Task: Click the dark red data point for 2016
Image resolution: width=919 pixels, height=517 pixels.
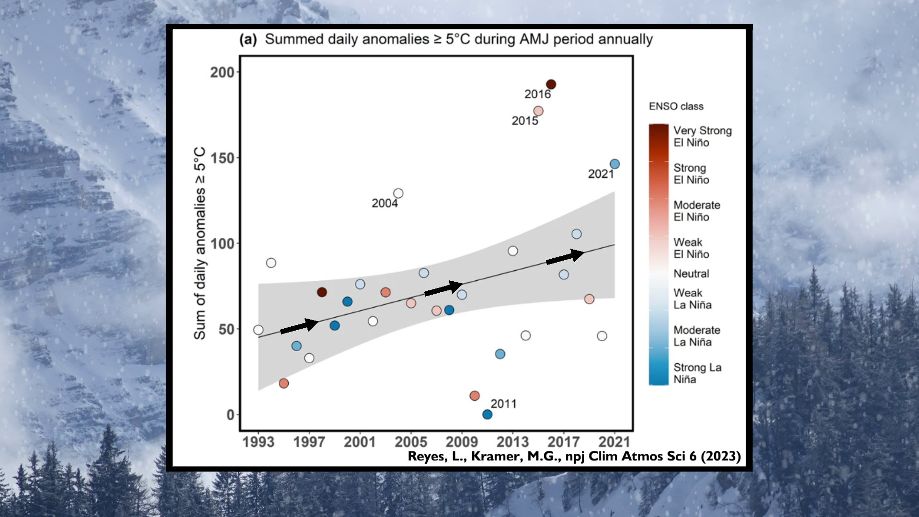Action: pyautogui.click(x=551, y=84)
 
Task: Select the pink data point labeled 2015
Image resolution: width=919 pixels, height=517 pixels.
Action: pyautogui.click(x=538, y=111)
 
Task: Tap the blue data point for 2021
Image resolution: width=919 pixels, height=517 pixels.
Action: pyautogui.click(x=614, y=164)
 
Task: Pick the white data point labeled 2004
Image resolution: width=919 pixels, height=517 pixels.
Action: pyautogui.click(x=398, y=194)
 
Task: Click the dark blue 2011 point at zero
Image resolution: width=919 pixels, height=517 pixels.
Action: pyautogui.click(x=487, y=414)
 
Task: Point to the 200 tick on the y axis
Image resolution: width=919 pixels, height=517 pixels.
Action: pyautogui.click(x=222, y=72)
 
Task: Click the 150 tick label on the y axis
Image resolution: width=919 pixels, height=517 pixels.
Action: pyautogui.click(x=222, y=158)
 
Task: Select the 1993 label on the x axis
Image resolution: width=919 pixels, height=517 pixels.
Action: pyautogui.click(x=258, y=441)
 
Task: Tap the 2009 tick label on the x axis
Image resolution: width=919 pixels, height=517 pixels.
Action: pyautogui.click(x=462, y=441)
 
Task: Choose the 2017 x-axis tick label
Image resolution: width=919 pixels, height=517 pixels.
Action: pyautogui.click(x=564, y=441)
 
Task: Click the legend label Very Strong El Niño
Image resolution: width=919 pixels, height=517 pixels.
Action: pyautogui.click(x=702, y=137)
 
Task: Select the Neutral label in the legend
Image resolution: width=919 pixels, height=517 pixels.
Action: pyautogui.click(x=691, y=274)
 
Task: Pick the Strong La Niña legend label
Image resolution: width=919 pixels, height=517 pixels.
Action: pyautogui.click(x=697, y=373)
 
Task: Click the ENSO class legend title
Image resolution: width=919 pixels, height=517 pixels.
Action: pyautogui.click(x=676, y=106)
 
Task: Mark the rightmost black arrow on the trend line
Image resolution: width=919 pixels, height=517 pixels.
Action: pyautogui.click(x=565, y=257)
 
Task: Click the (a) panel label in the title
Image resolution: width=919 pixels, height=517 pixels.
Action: pyautogui.click(x=248, y=39)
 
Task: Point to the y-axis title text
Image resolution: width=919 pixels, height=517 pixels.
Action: pyautogui.click(x=200, y=243)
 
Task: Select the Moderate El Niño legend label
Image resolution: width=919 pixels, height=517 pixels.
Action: pyautogui.click(x=696, y=211)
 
